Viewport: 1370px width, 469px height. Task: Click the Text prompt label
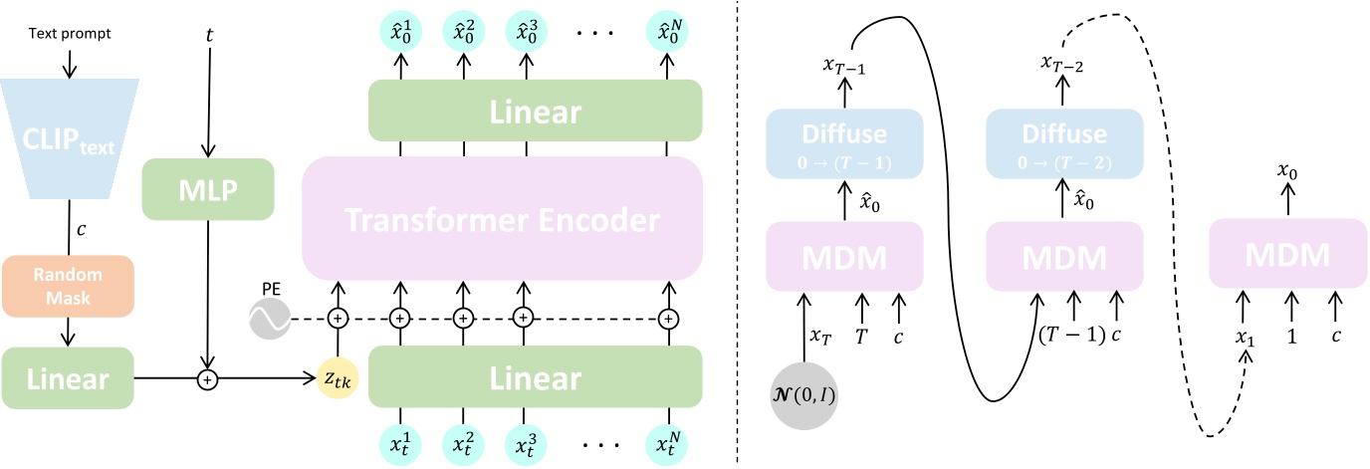pos(70,34)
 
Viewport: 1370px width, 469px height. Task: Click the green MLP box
pos(207,188)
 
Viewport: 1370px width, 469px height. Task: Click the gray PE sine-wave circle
pos(269,319)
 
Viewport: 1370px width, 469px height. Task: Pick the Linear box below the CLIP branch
pos(69,378)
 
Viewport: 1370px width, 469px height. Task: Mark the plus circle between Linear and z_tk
pos(207,378)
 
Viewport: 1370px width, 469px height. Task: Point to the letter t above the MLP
pos(207,34)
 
